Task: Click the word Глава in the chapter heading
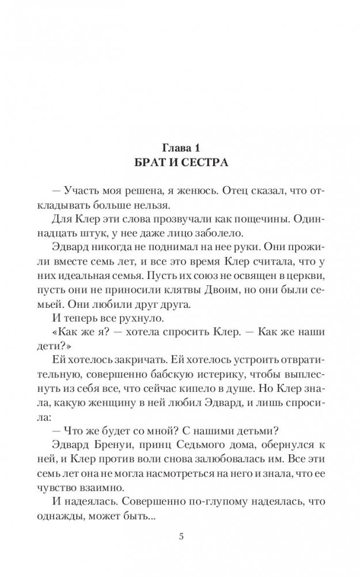(168, 145)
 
